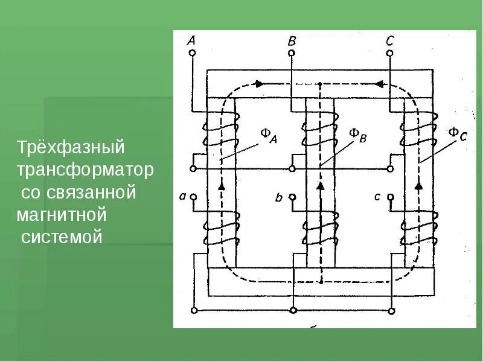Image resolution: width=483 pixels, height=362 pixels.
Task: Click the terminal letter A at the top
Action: [x=191, y=41]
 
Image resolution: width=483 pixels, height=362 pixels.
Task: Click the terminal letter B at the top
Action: [x=292, y=41]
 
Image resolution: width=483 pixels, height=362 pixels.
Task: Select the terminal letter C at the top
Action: [x=389, y=41]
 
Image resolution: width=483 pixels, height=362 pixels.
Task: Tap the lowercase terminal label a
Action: [x=183, y=196]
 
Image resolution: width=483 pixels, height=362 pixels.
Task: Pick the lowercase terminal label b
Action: [x=279, y=197]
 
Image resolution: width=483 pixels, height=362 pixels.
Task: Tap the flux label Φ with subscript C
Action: [x=457, y=134]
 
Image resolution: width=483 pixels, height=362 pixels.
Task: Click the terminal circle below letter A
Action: [x=192, y=53]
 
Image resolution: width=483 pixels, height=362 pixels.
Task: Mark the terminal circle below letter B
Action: [x=292, y=53]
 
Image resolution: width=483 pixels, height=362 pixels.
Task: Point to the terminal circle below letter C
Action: [x=389, y=53]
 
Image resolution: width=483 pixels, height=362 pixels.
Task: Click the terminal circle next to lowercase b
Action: [x=292, y=197]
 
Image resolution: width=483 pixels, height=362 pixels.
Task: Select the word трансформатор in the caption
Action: [x=85, y=171]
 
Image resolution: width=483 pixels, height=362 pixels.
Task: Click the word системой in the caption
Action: [x=62, y=237]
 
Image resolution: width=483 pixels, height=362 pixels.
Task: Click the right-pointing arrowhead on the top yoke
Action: [x=260, y=84]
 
